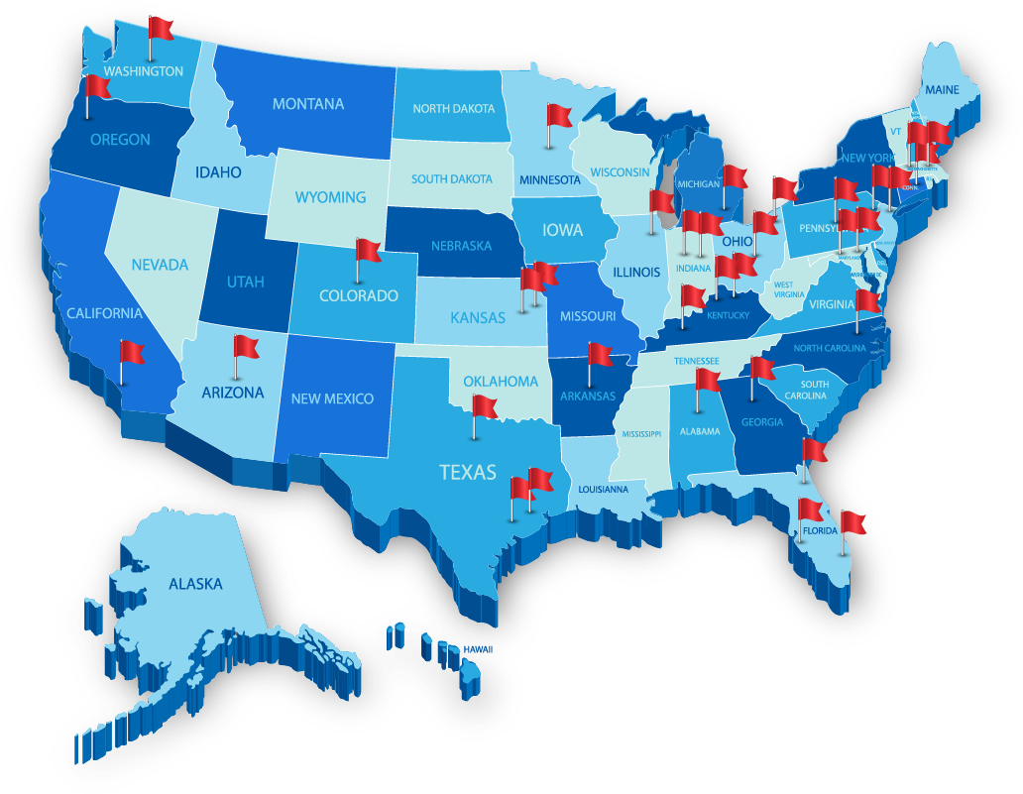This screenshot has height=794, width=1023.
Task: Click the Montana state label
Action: coord(308,104)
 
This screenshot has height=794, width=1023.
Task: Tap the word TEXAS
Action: coord(468,472)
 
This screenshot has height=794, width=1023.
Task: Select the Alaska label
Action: coord(195,584)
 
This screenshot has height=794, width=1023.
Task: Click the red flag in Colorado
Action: coord(368,251)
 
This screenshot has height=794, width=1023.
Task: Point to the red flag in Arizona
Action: coord(245,347)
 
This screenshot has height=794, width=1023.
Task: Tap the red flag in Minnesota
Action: coord(559,116)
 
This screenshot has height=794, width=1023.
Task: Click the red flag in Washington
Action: coord(161,28)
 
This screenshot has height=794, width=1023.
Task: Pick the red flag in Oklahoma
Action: coord(484,406)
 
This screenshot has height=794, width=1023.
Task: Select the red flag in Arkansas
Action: coord(601,354)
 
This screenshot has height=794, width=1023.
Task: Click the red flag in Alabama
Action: coord(708,380)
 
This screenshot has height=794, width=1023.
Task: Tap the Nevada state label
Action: coord(160,265)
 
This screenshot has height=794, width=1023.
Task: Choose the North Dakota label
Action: coord(454,108)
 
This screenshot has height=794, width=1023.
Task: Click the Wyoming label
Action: coord(330,197)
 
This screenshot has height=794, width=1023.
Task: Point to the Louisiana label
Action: coord(603,489)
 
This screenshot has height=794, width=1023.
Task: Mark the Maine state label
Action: coord(943,90)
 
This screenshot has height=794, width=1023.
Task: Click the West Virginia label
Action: coord(789,288)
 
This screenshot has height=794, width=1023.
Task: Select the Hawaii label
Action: coord(478,648)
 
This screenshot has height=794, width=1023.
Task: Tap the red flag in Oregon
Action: coord(97,87)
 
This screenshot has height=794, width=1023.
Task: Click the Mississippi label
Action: coord(640,433)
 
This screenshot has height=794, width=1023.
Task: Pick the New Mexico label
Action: coord(332,398)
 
